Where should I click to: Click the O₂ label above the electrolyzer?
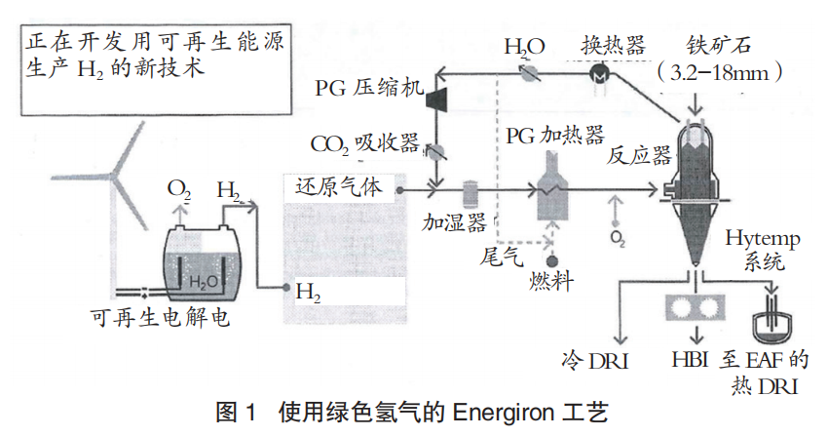[179, 187]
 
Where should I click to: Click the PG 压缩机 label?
[368, 89]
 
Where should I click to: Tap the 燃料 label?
[551, 282]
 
